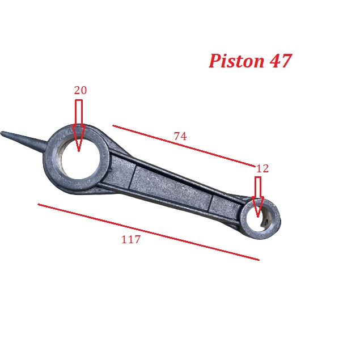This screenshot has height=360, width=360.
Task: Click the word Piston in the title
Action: click(x=236, y=61)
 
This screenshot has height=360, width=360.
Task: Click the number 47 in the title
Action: click(x=281, y=61)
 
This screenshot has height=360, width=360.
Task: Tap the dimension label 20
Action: click(x=81, y=90)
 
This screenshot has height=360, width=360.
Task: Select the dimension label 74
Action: click(x=180, y=136)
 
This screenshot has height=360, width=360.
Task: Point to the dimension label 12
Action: click(x=262, y=169)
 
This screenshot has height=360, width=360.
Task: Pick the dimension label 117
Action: click(x=130, y=239)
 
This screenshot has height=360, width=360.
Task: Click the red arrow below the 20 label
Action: click(x=79, y=125)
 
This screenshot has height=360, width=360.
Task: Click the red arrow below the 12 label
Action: click(x=258, y=197)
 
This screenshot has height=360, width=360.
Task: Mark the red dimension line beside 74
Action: click(x=184, y=146)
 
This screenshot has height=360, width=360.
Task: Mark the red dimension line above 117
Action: click(x=149, y=232)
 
